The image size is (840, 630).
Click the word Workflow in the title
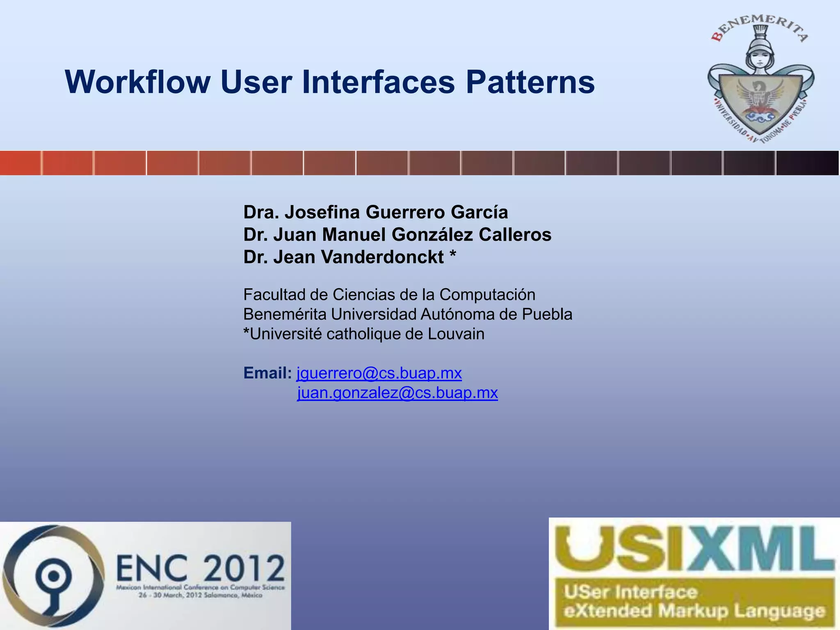137,82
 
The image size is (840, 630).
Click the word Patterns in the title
530,82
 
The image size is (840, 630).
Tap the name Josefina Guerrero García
396,212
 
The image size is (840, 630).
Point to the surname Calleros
515,235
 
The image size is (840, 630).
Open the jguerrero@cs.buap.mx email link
379,373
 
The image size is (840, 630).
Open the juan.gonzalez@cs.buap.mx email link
397,393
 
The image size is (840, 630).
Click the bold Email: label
267,373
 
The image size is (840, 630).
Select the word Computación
487,294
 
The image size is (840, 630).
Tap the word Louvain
456,334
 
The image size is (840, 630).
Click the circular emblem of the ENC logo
52,576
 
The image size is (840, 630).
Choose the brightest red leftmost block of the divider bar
20,163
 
